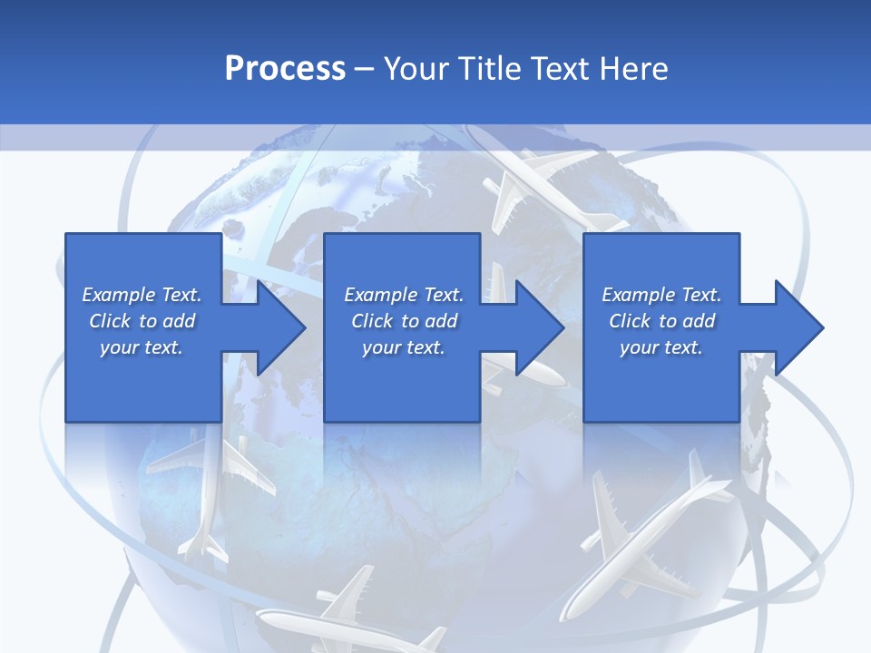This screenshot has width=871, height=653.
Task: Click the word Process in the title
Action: click(x=285, y=69)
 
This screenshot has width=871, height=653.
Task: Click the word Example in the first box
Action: click(x=119, y=295)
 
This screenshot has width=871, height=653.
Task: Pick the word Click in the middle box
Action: click(x=373, y=321)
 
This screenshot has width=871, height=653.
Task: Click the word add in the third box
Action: click(x=699, y=321)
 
